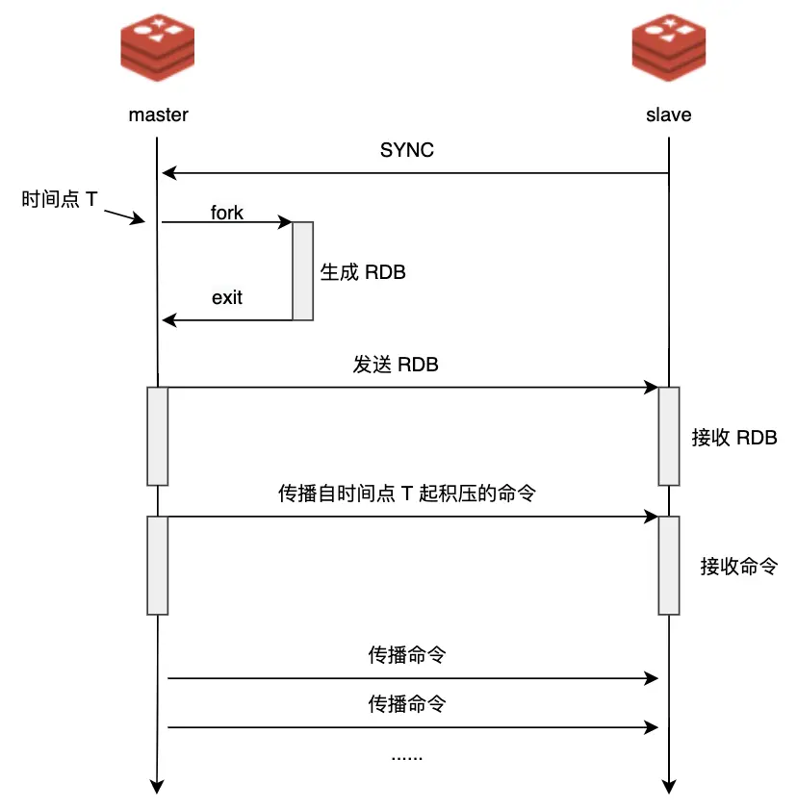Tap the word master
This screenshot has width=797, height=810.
[x=158, y=114]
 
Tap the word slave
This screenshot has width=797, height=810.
[x=668, y=114]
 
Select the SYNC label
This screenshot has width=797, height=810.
[x=407, y=151]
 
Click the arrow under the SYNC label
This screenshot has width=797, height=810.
[x=414, y=173]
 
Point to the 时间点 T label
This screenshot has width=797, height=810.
[x=60, y=201]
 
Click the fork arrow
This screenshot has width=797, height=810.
[x=226, y=222]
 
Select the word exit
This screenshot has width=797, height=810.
[x=227, y=297]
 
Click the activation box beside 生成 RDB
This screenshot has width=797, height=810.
[x=302, y=270]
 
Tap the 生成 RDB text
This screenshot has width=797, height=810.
[x=362, y=272]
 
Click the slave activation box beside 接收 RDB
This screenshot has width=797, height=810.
[x=669, y=436]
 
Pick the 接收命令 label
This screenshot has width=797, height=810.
[x=738, y=566]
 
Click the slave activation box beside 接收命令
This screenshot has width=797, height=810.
[x=669, y=566]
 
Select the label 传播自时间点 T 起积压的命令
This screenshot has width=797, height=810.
[x=407, y=494]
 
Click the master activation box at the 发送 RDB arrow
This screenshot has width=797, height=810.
[x=157, y=436]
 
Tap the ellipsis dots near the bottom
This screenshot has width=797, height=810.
[x=407, y=756]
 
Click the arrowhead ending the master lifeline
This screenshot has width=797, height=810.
[x=157, y=787]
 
